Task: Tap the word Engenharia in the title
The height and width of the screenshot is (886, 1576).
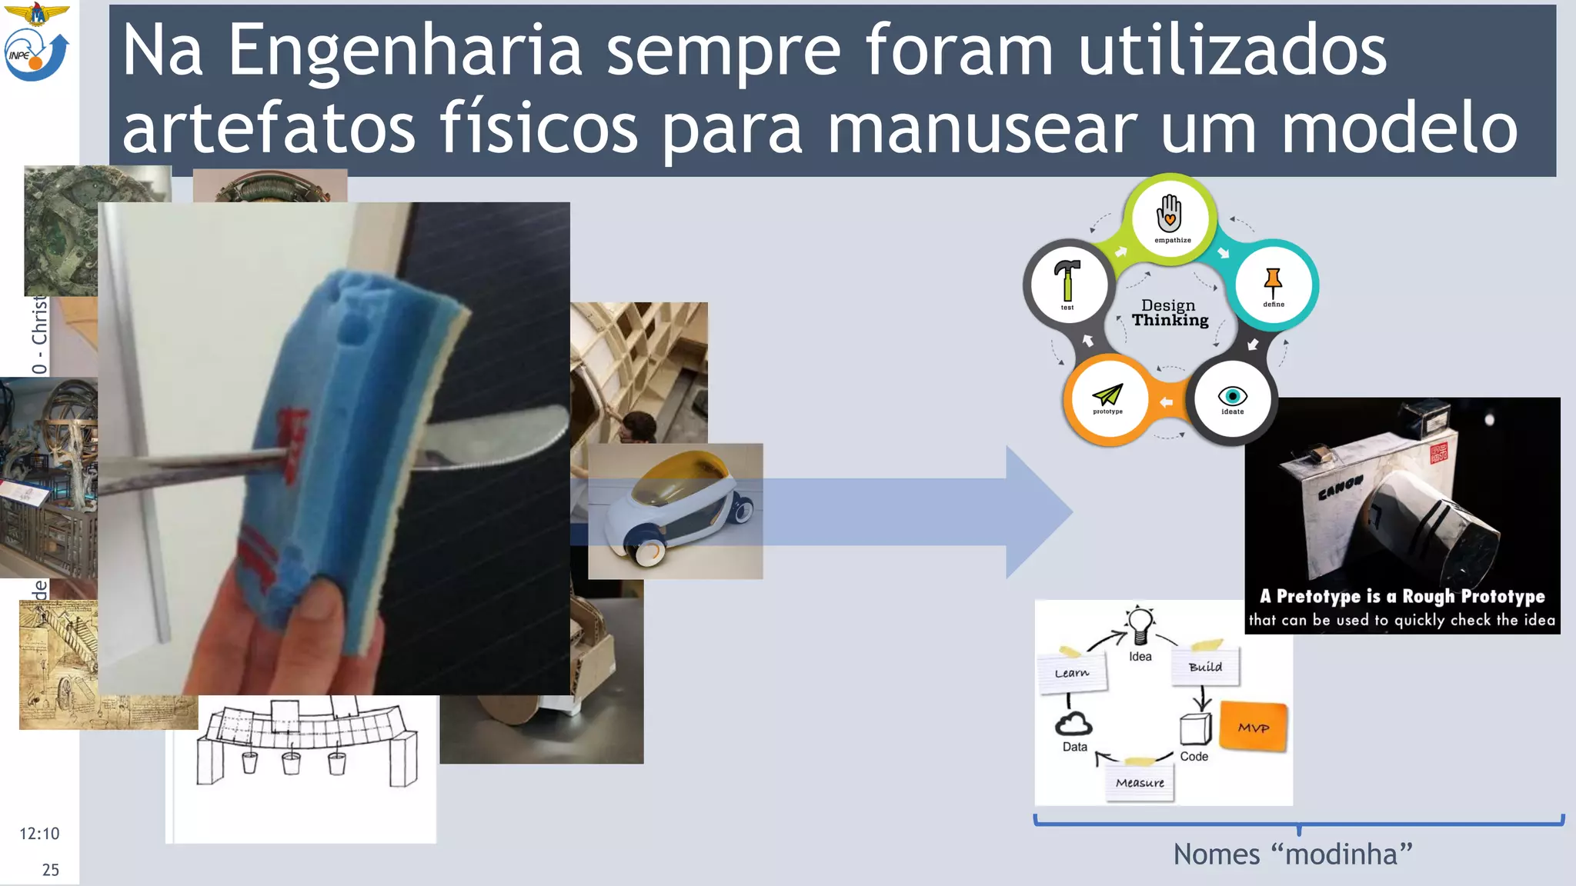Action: coord(405,52)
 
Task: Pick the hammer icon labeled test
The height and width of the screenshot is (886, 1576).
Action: coord(1067,281)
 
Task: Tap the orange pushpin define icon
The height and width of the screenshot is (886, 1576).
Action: coord(1273,282)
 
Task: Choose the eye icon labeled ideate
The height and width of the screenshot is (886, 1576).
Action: coord(1232,395)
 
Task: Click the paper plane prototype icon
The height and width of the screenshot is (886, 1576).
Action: coord(1107,395)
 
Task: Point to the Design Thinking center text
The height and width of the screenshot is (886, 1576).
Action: coord(1170,313)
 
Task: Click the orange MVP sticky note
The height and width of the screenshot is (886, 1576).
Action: coord(1254,728)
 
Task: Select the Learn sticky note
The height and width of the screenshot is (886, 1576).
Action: coord(1072,673)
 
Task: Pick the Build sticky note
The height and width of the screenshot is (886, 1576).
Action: coord(1205,666)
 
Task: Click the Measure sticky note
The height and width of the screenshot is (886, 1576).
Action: coord(1140,783)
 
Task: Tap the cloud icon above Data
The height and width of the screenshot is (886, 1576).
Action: coord(1073,724)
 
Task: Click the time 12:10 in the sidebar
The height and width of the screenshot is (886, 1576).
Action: coord(39,834)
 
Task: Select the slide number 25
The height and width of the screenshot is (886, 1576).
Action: coord(51,870)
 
